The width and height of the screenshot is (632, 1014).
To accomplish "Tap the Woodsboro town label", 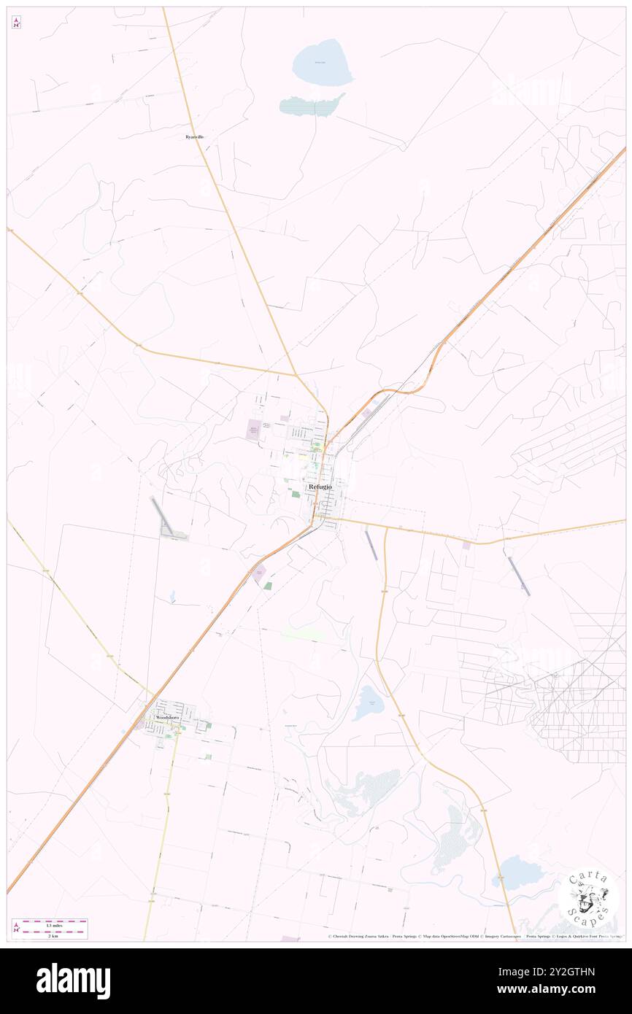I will (x=167, y=718).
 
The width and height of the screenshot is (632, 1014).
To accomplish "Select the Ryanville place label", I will (x=194, y=137).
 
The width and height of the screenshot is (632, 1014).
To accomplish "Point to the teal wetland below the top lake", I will (x=312, y=105).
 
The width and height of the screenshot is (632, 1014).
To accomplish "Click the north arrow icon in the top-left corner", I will (x=16, y=22).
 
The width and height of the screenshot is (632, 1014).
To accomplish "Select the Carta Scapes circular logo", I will (x=588, y=897).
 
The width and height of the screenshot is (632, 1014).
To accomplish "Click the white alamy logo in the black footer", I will (x=73, y=980).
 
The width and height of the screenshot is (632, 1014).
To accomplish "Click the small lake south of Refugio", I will (x=369, y=703).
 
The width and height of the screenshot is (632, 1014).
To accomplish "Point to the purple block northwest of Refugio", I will (x=254, y=430).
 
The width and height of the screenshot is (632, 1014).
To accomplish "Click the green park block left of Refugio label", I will (x=296, y=494).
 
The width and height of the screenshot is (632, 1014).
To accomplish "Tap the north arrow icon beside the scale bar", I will (x=16, y=929).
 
